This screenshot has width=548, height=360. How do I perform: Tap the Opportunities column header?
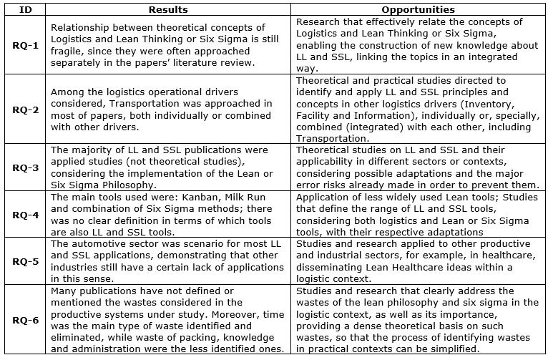419,10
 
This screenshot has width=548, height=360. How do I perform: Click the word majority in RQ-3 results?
95,150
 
